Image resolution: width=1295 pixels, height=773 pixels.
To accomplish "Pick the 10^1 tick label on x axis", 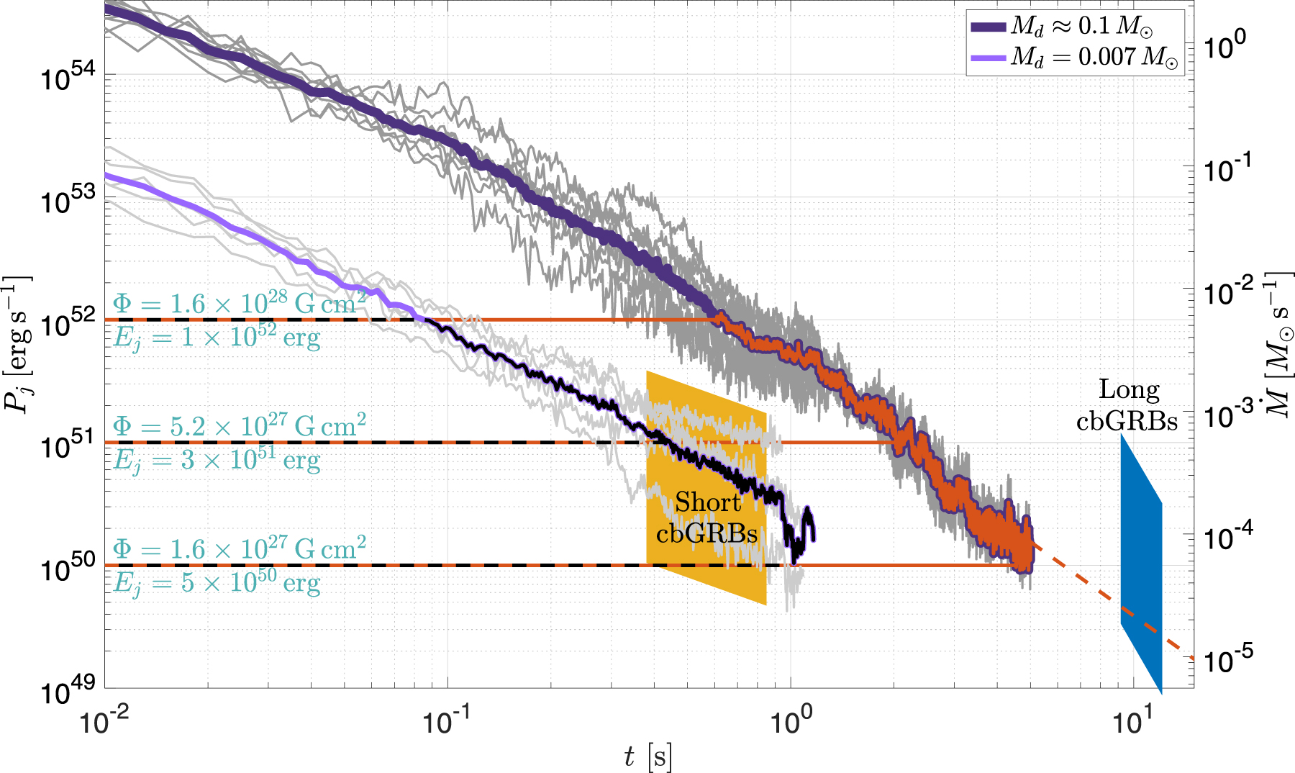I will pos(1133,722).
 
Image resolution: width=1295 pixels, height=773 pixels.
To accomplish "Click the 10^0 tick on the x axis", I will pos(791,722).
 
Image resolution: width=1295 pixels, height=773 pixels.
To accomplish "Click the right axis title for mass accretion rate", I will pos(1278,345).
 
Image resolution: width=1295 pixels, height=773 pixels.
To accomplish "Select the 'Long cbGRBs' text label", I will pos(1128,405).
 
